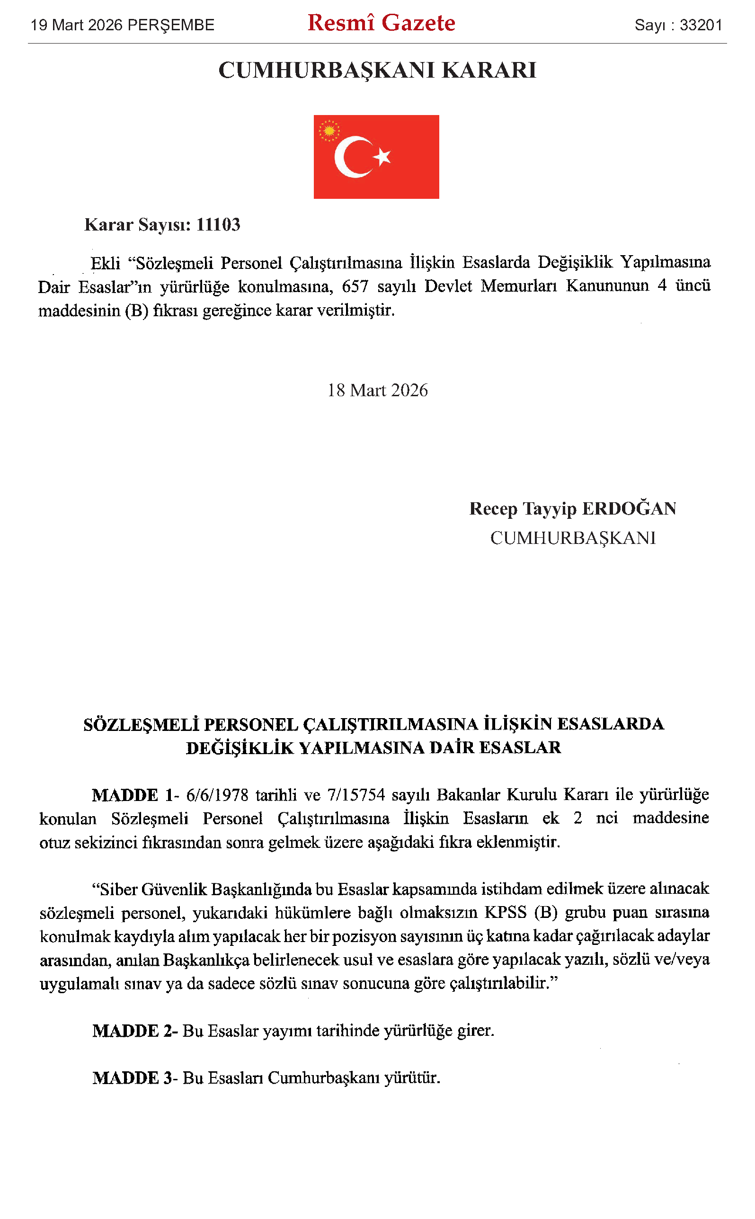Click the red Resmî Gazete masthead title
381,24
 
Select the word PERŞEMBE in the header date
171,25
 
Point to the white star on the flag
383,156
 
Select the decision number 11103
218,225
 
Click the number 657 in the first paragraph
355,286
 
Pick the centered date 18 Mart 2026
378,391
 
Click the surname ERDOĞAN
629,509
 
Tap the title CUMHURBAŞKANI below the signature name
573,538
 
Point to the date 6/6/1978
217,795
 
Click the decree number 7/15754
356,795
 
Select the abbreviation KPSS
506,912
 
